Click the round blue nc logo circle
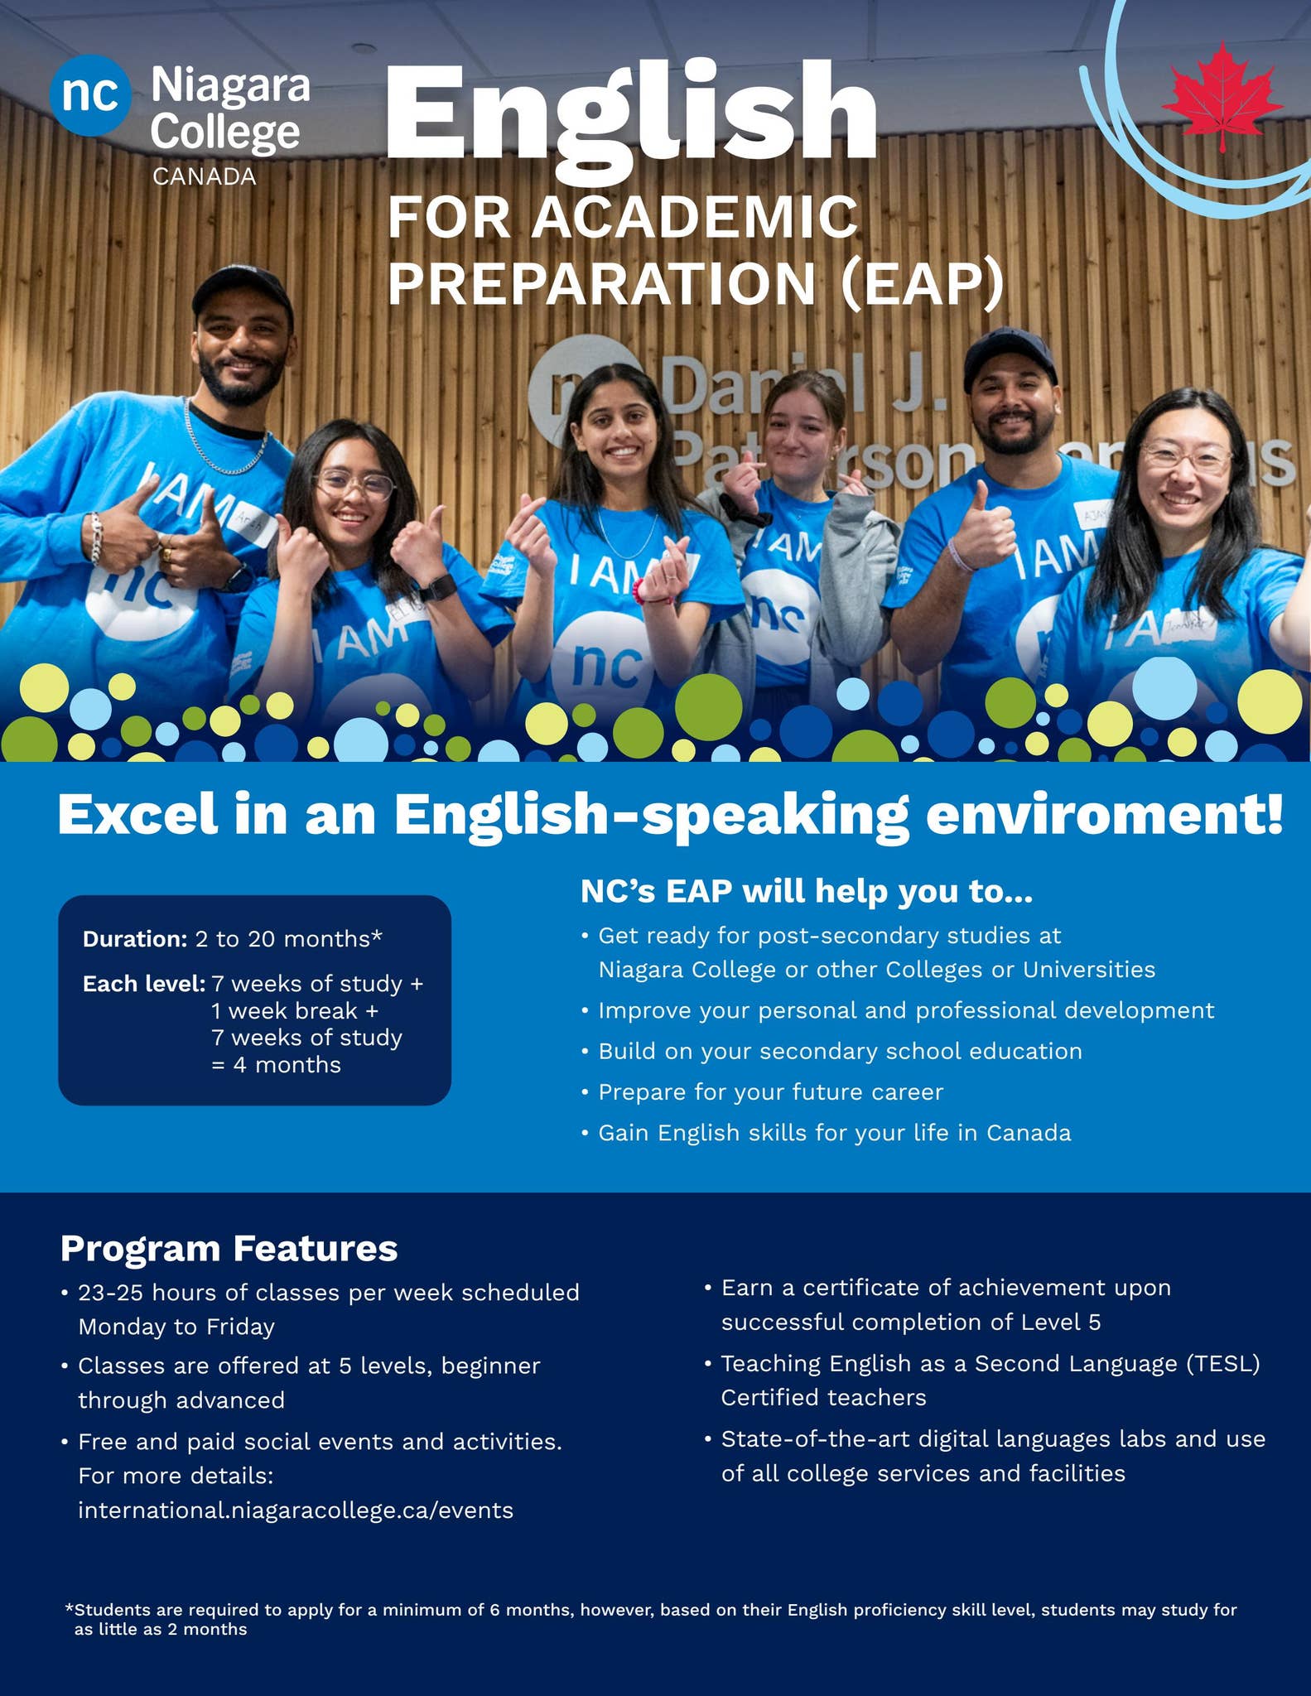pos(89,95)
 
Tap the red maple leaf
pos(1222,95)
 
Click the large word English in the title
pos(629,116)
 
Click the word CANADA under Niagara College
pos(204,176)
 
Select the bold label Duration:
pos(135,939)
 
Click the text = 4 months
pos(276,1065)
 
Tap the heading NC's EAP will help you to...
pos(806,891)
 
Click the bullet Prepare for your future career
pos(770,1091)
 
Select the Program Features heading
pos(229,1248)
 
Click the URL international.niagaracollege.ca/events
pos(296,1510)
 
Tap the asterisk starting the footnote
pos(69,1609)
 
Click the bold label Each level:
pos(143,984)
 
